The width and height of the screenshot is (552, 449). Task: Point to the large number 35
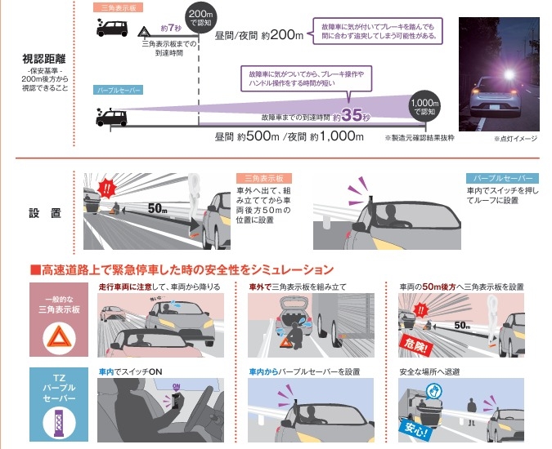point(351,116)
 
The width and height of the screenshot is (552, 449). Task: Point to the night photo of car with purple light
point(496,73)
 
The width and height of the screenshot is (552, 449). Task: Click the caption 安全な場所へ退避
point(429,371)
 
